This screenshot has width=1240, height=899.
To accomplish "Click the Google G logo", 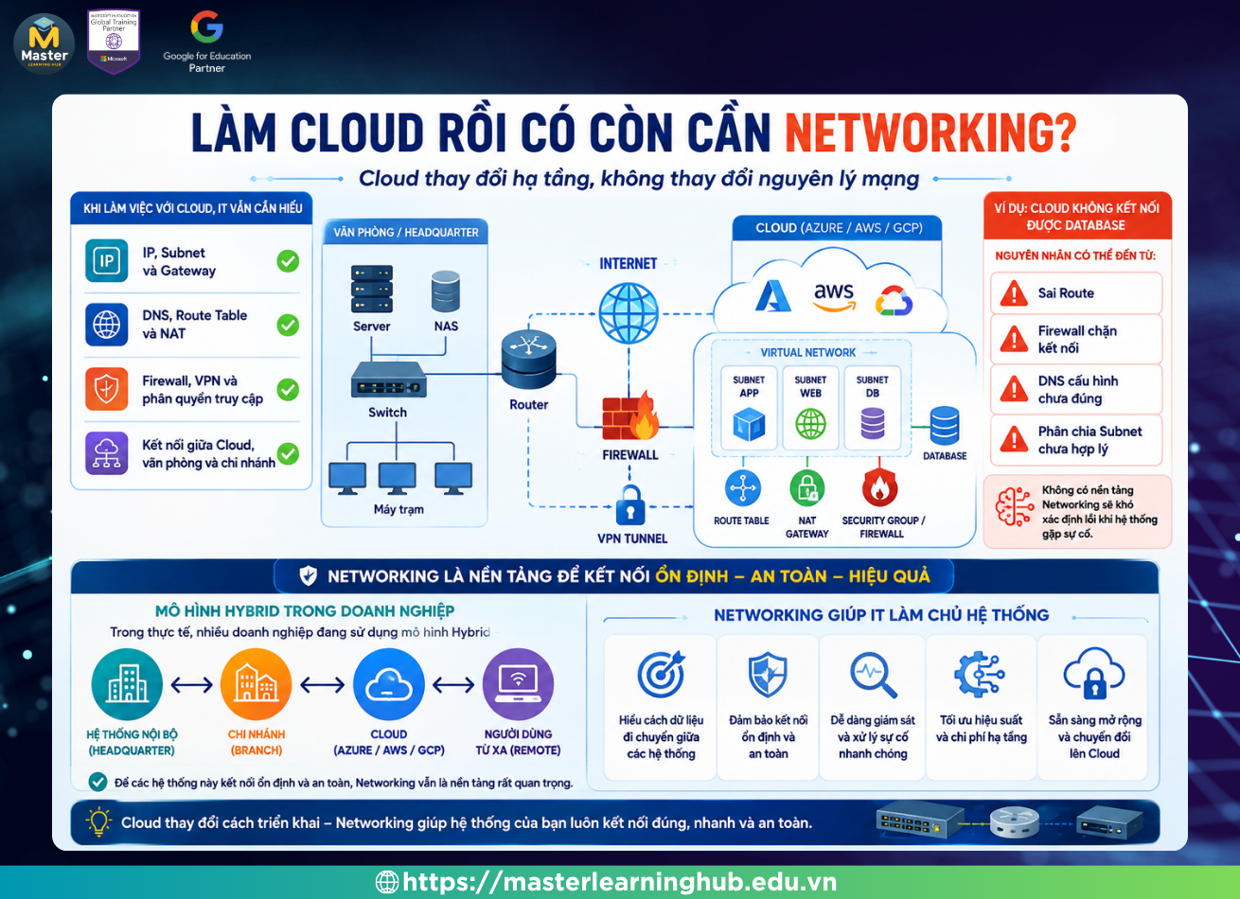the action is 207,26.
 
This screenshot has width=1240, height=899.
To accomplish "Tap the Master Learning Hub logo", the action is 44,44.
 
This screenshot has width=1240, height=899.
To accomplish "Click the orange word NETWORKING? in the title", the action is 930,132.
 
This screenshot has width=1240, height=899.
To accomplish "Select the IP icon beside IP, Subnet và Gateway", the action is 106,261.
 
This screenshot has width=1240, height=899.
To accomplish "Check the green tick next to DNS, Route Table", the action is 288,325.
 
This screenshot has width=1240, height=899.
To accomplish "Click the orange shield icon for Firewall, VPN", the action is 106,389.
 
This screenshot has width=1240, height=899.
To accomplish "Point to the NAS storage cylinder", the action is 446,291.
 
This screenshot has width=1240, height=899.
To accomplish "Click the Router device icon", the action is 529,359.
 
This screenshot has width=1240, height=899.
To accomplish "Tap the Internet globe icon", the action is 629,313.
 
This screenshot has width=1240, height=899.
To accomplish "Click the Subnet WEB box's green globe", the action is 810,424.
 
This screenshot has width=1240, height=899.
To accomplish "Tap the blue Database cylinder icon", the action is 945,426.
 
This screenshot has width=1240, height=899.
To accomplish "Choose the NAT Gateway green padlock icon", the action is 807,488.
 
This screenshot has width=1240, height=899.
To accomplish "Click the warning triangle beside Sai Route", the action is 1014,292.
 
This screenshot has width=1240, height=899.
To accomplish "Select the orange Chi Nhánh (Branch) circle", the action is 256,684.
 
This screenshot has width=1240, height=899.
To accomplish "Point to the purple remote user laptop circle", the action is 518,684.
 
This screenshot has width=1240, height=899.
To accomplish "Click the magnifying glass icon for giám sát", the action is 873,675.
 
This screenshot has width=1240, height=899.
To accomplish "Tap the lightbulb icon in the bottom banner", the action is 98,821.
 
